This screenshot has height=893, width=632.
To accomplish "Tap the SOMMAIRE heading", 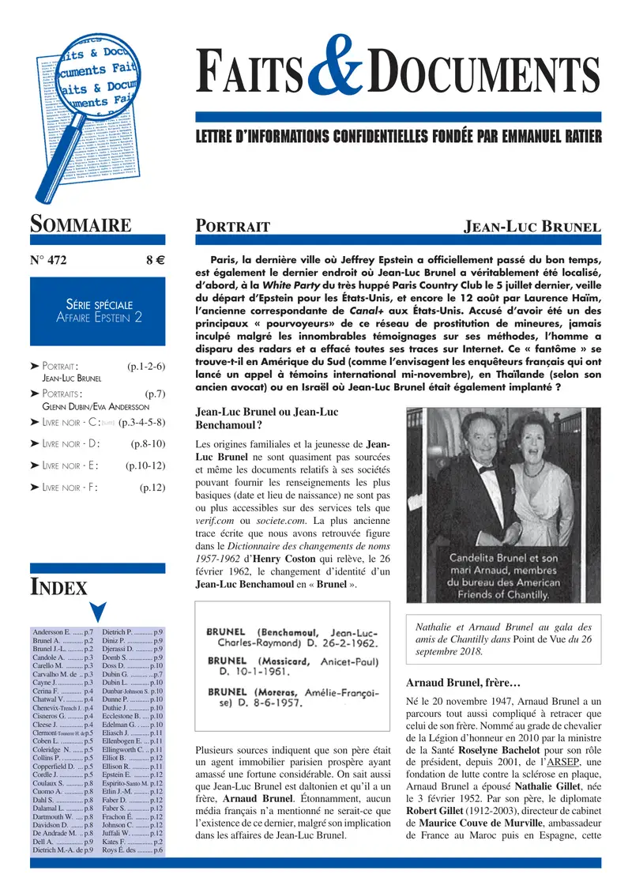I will click(x=81, y=224).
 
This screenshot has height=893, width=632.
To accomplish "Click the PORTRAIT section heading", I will click(x=233, y=227).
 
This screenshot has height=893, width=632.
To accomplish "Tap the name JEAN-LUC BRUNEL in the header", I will click(x=532, y=227).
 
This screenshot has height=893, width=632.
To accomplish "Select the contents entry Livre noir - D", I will click(x=71, y=443).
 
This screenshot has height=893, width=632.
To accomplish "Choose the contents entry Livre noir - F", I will click(x=71, y=488).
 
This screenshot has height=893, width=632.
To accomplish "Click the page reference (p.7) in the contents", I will click(x=155, y=392).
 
